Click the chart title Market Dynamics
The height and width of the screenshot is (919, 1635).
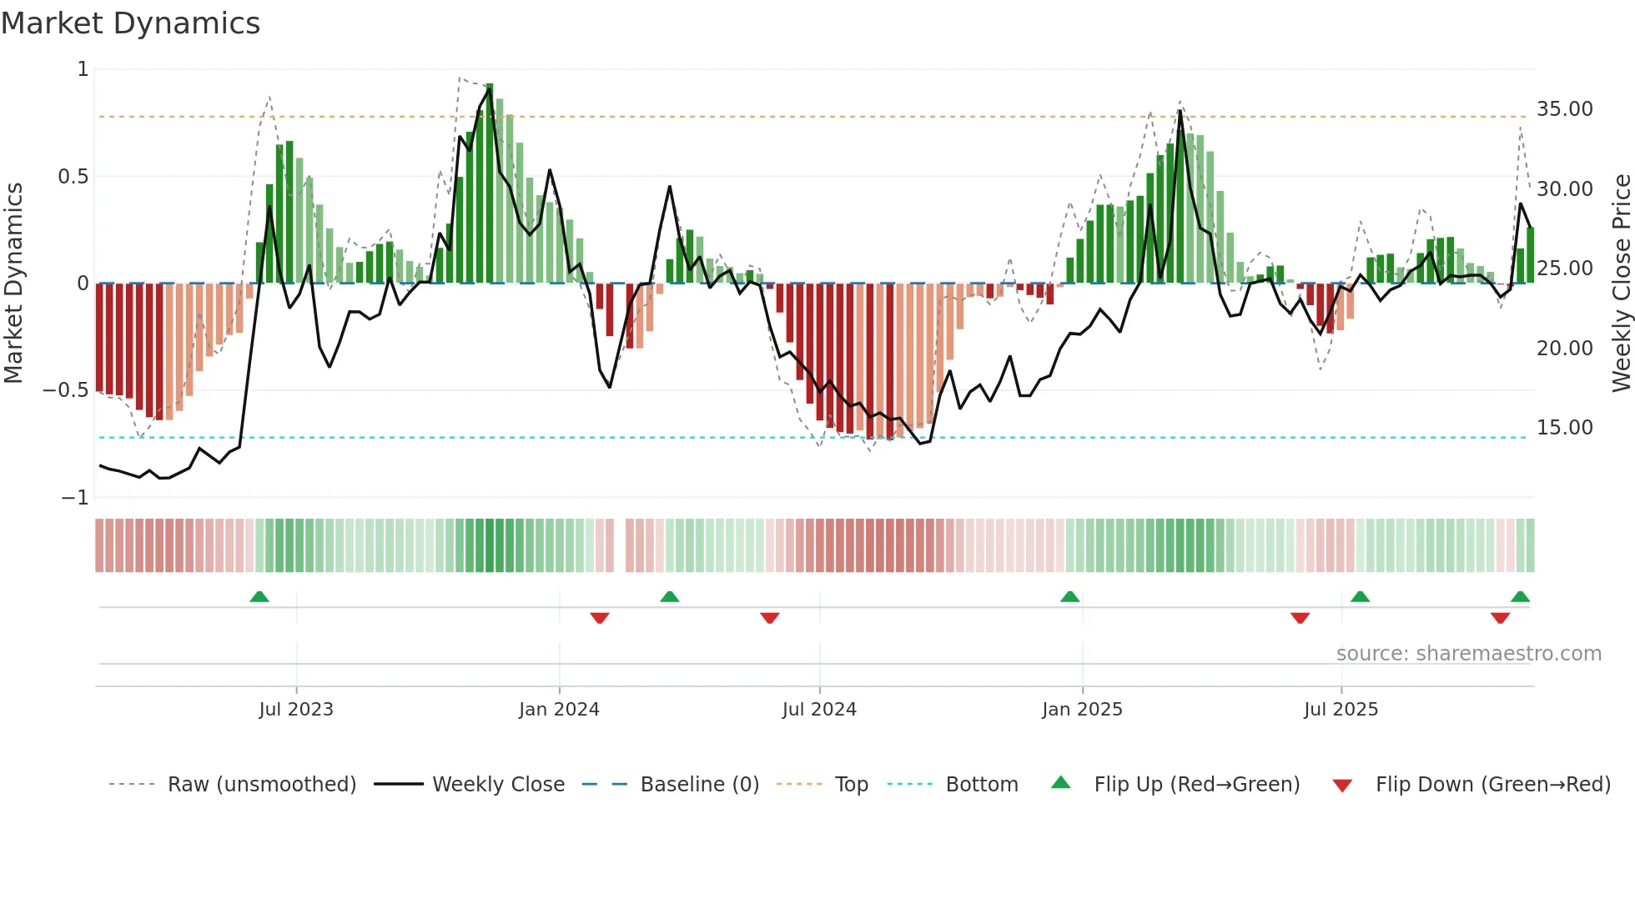click(130, 23)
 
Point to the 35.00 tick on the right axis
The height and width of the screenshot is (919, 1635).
click(1564, 109)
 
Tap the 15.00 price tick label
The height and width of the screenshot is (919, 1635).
click(1564, 428)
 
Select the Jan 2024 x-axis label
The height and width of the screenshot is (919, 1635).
click(558, 710)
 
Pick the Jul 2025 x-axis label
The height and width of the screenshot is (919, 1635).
click(1341, 710)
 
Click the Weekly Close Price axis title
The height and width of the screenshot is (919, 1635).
click(1621, 283)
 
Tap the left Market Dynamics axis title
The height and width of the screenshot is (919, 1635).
click(13, 283)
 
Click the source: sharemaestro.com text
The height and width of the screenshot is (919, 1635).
click(1468, 654)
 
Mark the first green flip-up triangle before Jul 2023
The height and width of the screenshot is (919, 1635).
click(259, 596)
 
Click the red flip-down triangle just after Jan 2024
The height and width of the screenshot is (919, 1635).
click(600, 618)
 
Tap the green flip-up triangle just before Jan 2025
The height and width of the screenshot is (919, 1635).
click(1069, 596)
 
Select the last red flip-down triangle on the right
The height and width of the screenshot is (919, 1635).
click(1500, 618)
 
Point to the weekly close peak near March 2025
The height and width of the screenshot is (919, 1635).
click(1180, 111)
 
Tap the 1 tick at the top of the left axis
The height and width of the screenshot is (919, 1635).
click(83, 69)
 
